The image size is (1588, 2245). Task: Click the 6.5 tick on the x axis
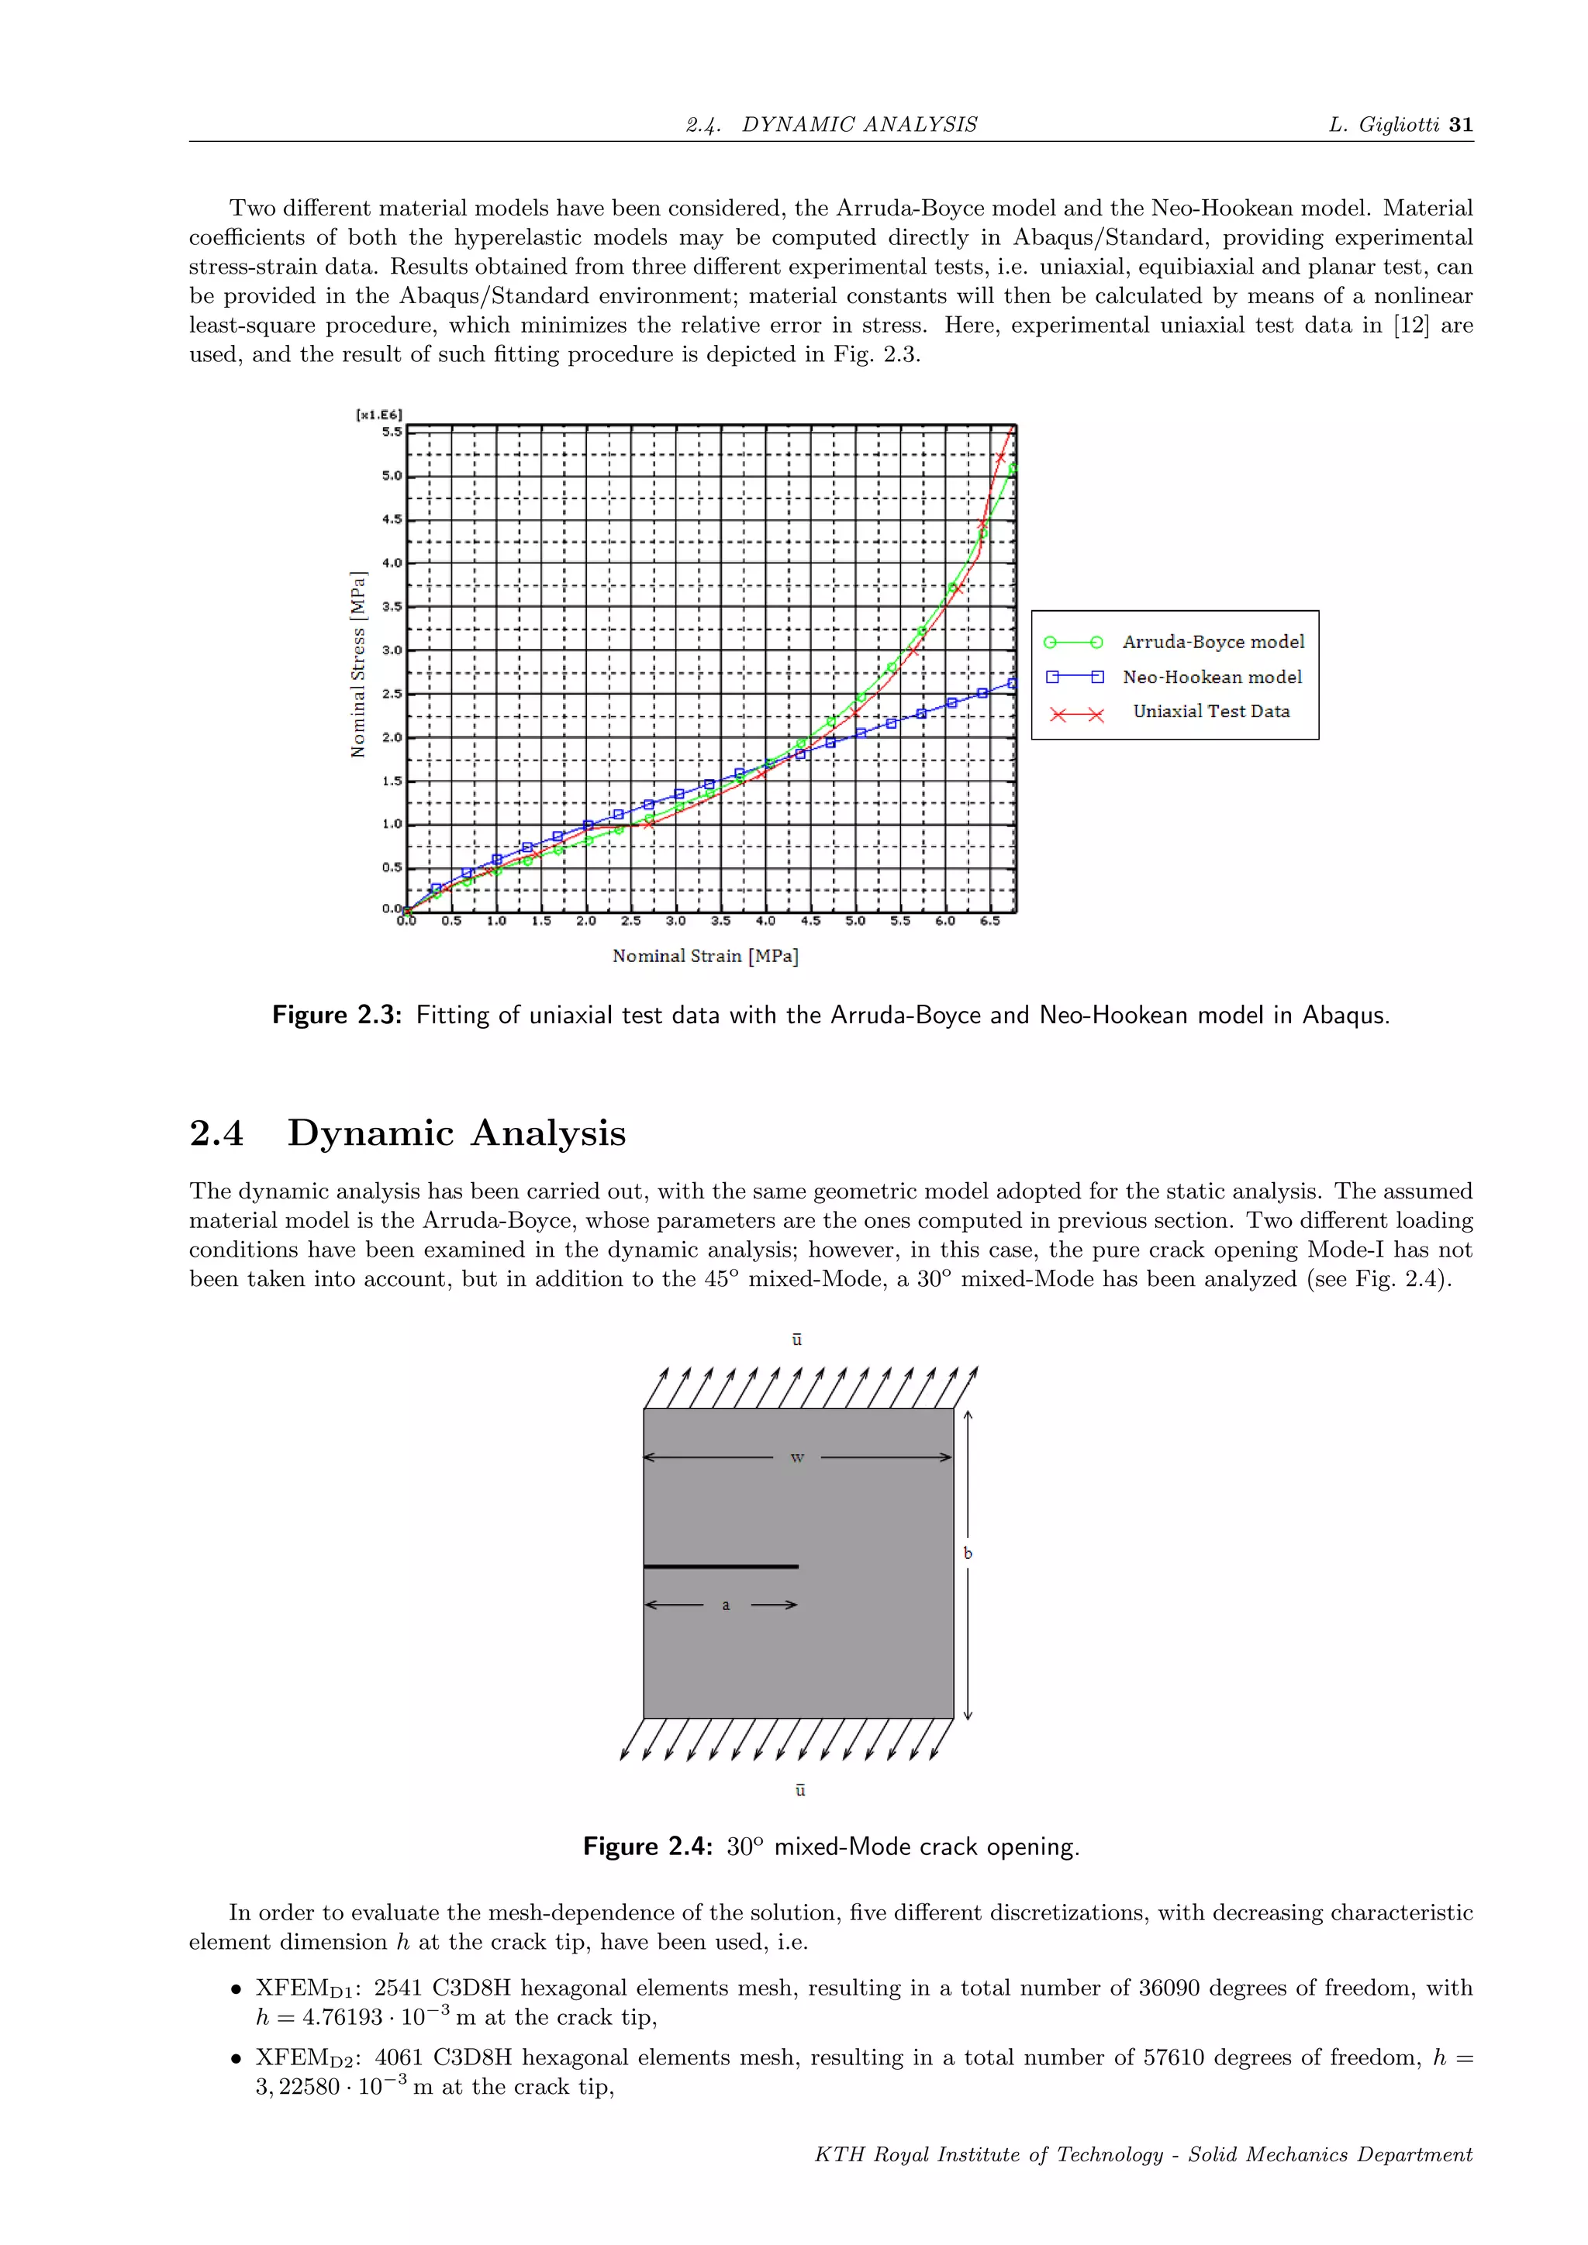click(989, 921)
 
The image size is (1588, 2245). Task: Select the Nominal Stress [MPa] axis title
click(358, 665)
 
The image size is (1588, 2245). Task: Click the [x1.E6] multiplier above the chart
click(379, 415)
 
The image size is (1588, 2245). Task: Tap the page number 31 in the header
click(1461, 124)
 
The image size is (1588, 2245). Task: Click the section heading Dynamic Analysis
click(457, 1133)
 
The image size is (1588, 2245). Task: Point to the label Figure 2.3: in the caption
click(337, 1015)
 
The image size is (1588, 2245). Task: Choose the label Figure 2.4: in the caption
click(647, 1846)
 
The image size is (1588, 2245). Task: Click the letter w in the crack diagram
click(797, 1458)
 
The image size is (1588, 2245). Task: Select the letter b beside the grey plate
click(968, 1553)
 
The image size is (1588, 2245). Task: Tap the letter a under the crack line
click(726, 1605)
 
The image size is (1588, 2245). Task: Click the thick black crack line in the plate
click(720, 1567)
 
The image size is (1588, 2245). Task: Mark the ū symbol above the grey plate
click(797, 1340)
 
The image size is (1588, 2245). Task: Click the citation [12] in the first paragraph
click(1410, 325)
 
